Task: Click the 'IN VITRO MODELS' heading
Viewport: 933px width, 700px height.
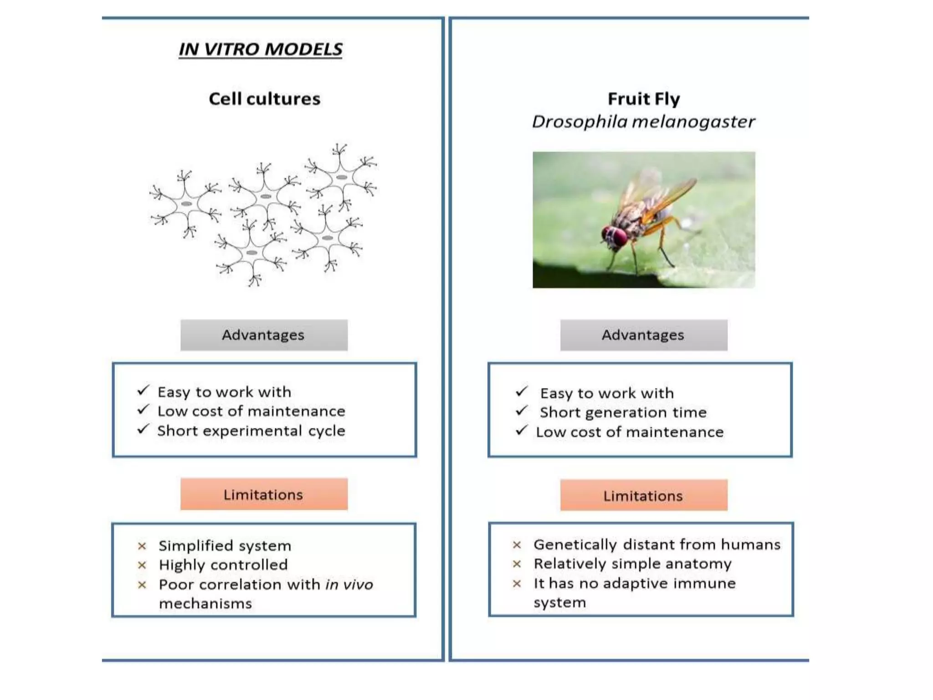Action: pyautogui.click(x=260, y=49)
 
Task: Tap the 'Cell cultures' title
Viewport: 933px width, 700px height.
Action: pyautogui.click(x=265, y=99)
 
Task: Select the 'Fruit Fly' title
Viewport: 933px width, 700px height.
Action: pyautogui.click(x=644, y=99)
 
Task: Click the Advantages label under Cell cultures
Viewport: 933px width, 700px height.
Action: pyautogui.click(x=263, y=335)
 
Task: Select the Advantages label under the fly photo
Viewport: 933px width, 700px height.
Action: pyautogui.click(x=643, y=335)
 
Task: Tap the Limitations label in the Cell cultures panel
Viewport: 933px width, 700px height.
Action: pyautogui.click(x=263, y=494)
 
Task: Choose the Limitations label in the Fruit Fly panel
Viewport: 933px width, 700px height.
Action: pyautogui.click(x=643, y=496)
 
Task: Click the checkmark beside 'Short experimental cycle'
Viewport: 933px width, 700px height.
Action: pyautogui.click(x=143, y=429)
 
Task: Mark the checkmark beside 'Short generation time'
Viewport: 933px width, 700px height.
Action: pyautogui.click(x=522, y=411)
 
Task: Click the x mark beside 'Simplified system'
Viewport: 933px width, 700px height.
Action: pyautogui.click(x=142, y=546)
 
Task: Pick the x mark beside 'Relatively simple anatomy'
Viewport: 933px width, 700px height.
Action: pyautogui.click(x=517, y=564)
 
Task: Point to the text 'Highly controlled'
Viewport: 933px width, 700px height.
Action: pyautogui.click(x=223, y=565)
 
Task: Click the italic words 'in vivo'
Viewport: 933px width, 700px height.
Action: pyautogui.click(x=349, y=585)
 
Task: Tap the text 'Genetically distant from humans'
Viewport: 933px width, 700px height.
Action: pyautogui.click(x=657, y=545)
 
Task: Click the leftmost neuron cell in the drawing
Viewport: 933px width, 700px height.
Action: pyautogui.click(x=186, y=204)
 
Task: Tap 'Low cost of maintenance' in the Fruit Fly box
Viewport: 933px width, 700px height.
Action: pyautogui.click(x=630, y=432)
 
